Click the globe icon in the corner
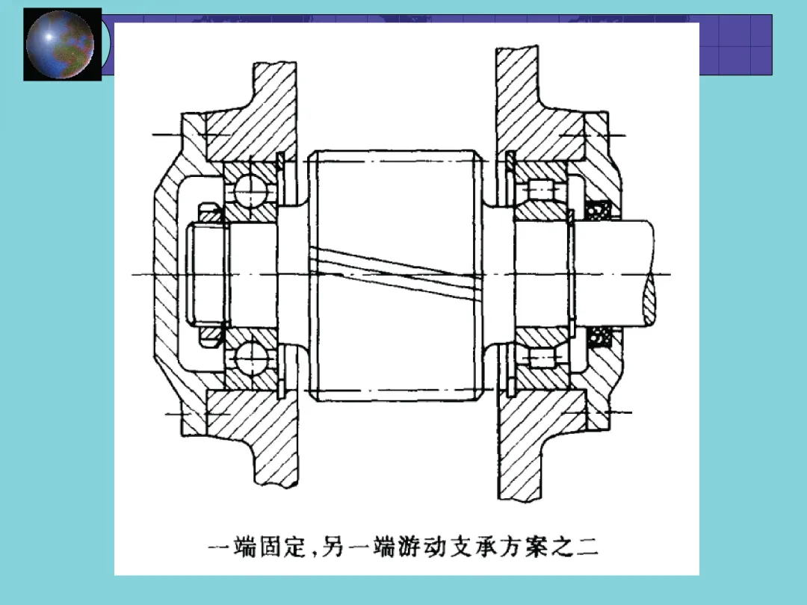(61, 44)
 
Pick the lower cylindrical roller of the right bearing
(541, 358)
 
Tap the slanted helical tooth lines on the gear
(395, 273)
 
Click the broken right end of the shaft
(649, 273)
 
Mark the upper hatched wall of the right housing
(535, 108)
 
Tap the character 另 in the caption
(333, 547)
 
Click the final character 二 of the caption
(588, 547)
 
